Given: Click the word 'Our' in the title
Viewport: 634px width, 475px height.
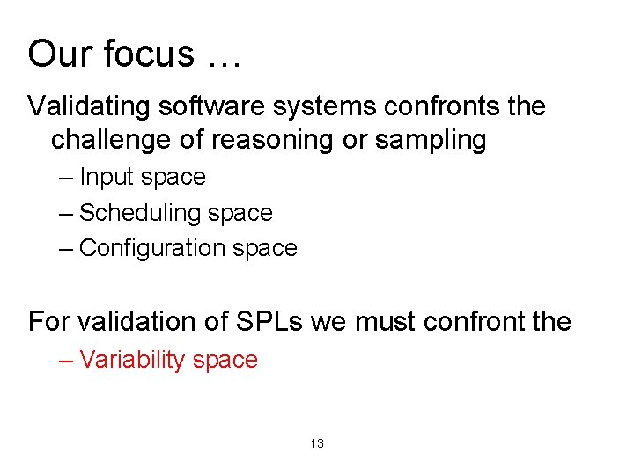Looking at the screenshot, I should [60, 54].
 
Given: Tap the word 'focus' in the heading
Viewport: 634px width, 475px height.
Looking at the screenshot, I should [149, 54].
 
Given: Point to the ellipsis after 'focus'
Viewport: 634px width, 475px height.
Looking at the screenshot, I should [225, 60].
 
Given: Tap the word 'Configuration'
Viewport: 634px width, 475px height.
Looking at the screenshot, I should [152, 249].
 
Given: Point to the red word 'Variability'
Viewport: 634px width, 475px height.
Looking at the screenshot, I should [132, 361].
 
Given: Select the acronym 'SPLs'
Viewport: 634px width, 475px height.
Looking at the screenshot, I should [269, 322].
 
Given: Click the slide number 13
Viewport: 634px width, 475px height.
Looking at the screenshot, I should [317, 444].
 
